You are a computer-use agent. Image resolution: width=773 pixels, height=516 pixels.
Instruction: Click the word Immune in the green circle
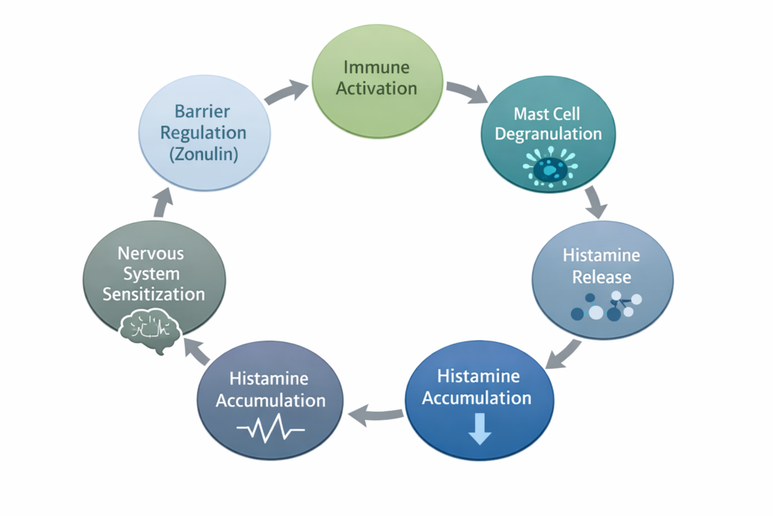pos(376,66)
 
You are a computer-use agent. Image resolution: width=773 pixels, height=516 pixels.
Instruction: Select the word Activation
pos(376,88)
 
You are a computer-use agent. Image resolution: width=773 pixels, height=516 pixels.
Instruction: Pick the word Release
pos(601,277)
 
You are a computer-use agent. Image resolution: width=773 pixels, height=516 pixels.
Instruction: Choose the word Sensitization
pos(153,294)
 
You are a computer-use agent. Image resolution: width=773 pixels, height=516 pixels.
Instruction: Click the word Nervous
pos(153,252)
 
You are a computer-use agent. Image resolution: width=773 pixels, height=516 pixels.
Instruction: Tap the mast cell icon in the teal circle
pos(551,168)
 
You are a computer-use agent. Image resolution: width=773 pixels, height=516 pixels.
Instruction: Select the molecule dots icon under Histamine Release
pos(607,306)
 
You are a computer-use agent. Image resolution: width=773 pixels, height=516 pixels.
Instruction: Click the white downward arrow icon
pos(479,428)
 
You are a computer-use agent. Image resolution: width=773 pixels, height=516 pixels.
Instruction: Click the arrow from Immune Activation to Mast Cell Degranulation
pos(467,92)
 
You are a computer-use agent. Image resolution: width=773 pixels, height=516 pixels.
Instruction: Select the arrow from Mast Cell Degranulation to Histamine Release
pos(595,202)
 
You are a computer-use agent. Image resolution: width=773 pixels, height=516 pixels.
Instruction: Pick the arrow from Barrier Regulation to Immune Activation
pos(286,92)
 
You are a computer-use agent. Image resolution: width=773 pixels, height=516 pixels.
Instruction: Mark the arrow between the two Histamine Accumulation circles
pos(375,412)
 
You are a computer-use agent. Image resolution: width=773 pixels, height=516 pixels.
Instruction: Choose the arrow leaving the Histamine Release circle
pos(563,354)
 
